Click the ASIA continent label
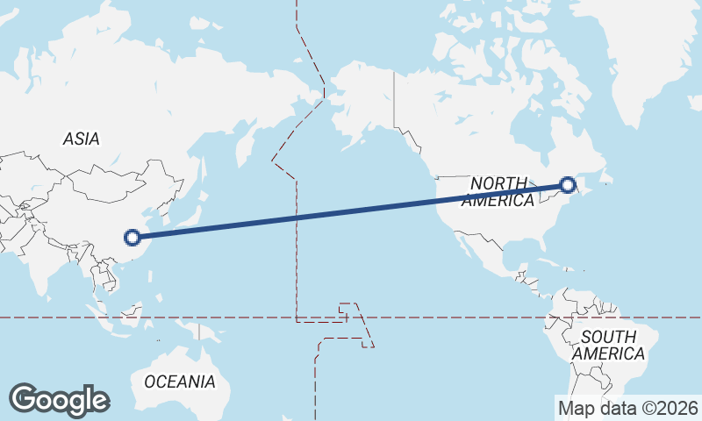point(82,139)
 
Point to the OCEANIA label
point(179,382)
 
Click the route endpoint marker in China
point(133,237)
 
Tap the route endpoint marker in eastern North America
point(568,185)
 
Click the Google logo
point(59,400)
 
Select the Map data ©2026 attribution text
point(627,408)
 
